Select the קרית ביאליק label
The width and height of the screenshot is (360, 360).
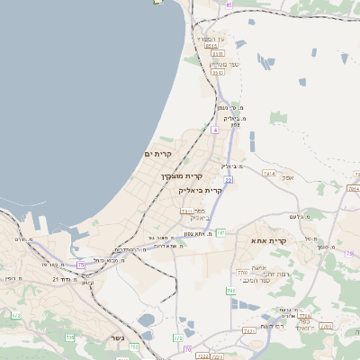(200, 191)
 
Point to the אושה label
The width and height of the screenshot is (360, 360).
(259, 268)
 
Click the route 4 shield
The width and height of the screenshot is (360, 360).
(215, 130)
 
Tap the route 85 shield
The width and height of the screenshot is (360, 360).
(229, 4)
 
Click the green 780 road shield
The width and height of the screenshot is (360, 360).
(241, 272)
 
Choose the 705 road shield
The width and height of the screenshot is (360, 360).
(70, 338)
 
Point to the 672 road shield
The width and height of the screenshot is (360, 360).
(15, 315)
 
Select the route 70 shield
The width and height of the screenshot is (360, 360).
(187, 348)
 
